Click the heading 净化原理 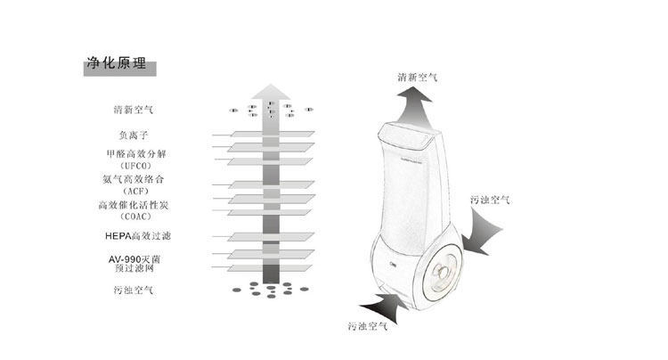117,66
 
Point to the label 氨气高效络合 134,179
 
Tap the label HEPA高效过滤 136,235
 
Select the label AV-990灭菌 135,258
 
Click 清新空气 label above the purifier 417,78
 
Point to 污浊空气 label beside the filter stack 134,290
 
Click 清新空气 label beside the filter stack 134,110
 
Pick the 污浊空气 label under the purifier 368,326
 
